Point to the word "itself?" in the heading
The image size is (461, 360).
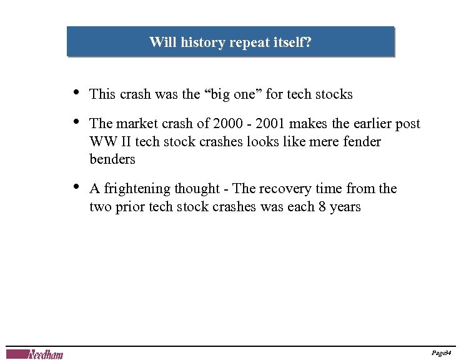(292, 42)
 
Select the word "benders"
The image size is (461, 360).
(112, 159)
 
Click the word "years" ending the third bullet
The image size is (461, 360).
(345, 206)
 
